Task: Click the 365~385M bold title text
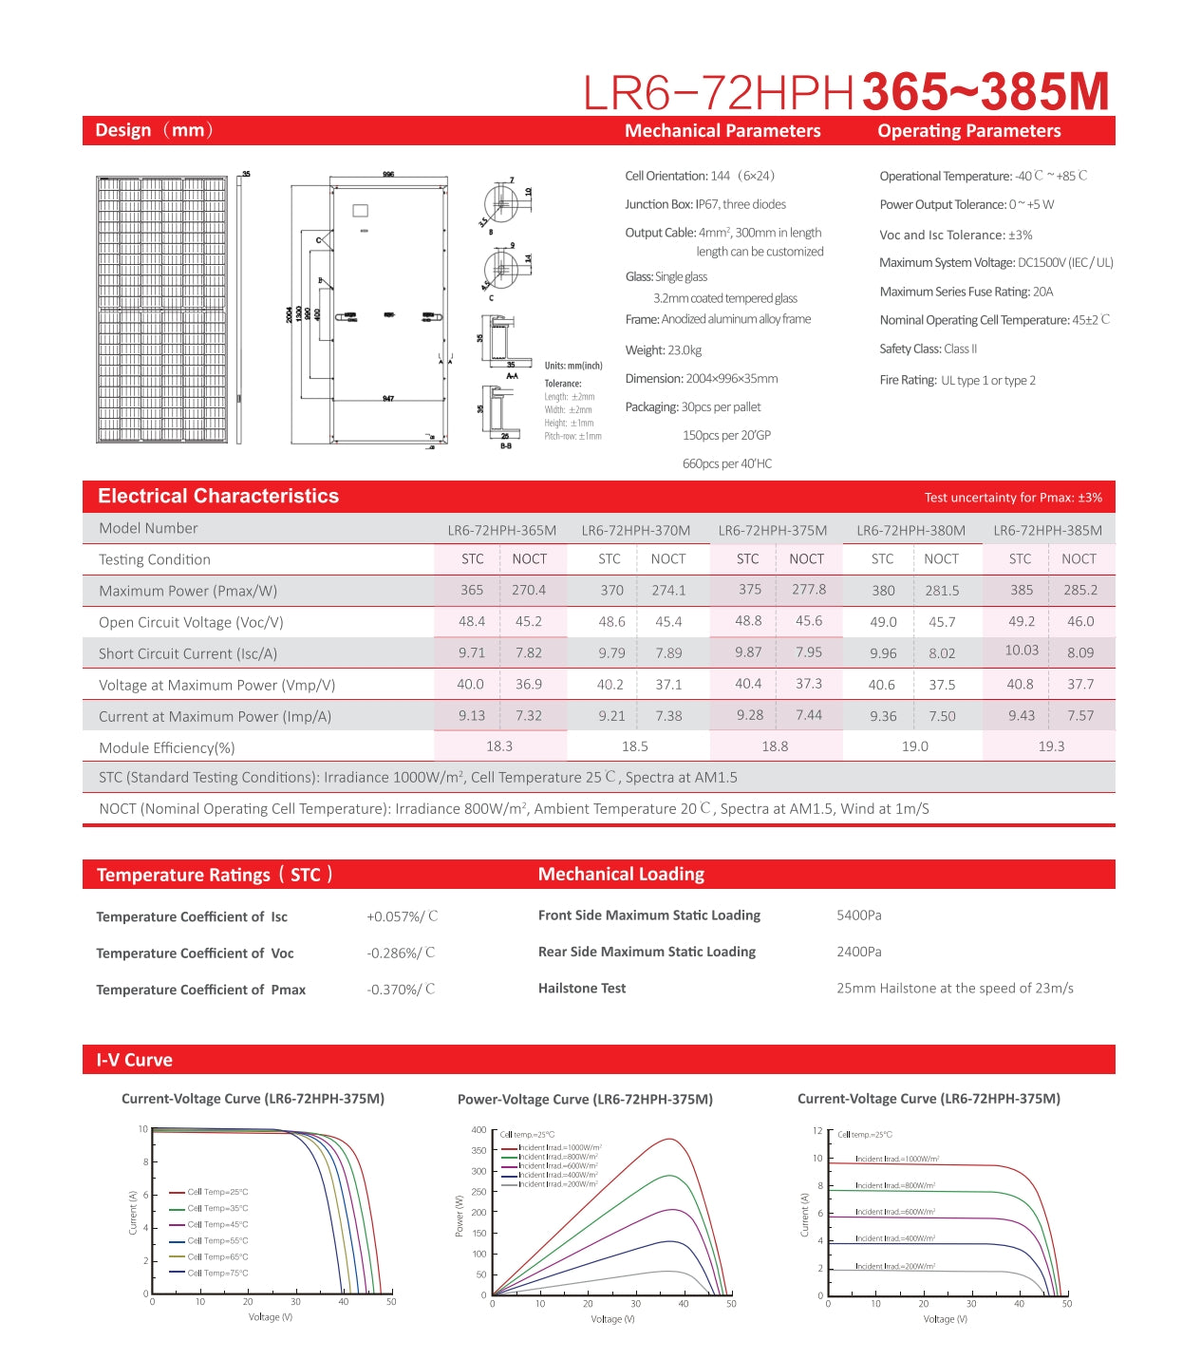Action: (x=985, y=91)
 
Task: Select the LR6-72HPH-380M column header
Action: (x=910, y=530)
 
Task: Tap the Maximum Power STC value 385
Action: (x=1022, y=590)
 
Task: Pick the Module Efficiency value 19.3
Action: (x=1051, y=746)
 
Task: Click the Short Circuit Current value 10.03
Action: (x=1022, y=651)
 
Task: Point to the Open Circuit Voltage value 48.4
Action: (x=472, y=621)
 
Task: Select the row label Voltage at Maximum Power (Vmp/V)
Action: (x=216, y=685)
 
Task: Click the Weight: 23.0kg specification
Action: (x=663, y=350)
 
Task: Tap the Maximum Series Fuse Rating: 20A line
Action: (x=966, y=292)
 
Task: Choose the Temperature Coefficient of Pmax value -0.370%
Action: (x=401, y=990)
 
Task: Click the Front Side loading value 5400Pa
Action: (x=858, y=915)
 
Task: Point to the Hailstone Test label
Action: (x=581, y=989)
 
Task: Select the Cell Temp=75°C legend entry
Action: (x=216, y=1273)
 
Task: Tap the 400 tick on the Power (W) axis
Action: (x=479, y=1130)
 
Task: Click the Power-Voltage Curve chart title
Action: (x=585, y=1099)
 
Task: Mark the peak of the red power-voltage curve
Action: (x=671, y=1139)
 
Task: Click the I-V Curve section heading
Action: (x=134, y=1060)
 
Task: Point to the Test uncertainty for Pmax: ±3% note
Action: (x=1013, y=498)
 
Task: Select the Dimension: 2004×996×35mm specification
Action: (x=701, y=379)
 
